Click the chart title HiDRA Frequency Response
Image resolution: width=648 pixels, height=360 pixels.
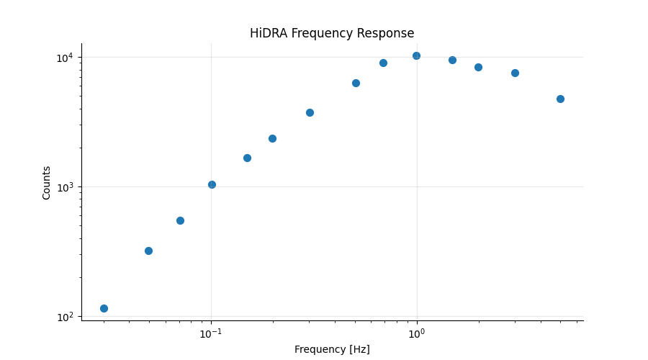[332, 34]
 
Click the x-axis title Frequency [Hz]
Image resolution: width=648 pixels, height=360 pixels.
[332, 349]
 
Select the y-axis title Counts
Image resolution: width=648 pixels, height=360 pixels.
[47, 182]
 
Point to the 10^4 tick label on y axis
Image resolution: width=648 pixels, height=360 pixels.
[66, 58]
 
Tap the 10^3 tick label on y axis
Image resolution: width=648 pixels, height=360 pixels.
[66, 187]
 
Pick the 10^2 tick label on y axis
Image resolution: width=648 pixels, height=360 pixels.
[66, 317]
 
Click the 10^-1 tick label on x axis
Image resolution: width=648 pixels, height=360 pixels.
[210, 334]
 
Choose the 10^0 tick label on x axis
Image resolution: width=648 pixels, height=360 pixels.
[416, 334]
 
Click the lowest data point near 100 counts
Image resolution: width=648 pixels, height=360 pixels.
[104, 308]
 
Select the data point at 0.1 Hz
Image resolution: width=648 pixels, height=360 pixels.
[212, 184]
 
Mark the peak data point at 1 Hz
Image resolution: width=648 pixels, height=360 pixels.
[416, 55]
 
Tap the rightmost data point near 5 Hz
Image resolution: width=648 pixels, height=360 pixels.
[560, 99]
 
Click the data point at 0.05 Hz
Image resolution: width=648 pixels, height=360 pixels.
[148, 251]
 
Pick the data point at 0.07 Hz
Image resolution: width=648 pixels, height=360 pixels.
[180, 220]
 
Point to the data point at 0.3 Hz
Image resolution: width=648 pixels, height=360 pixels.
[310, 112]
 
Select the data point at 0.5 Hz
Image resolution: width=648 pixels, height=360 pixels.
[356, 83]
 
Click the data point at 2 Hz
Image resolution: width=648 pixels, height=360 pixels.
[478, 67]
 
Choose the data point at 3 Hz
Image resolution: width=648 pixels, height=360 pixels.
[515, 73]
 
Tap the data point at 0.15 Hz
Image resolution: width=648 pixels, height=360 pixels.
[247, 158]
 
